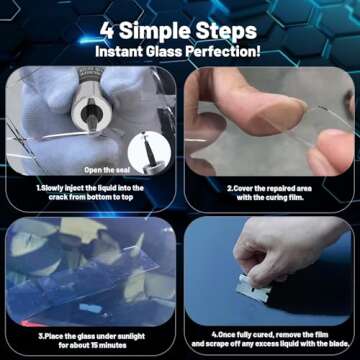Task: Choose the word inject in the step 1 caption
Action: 83,187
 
